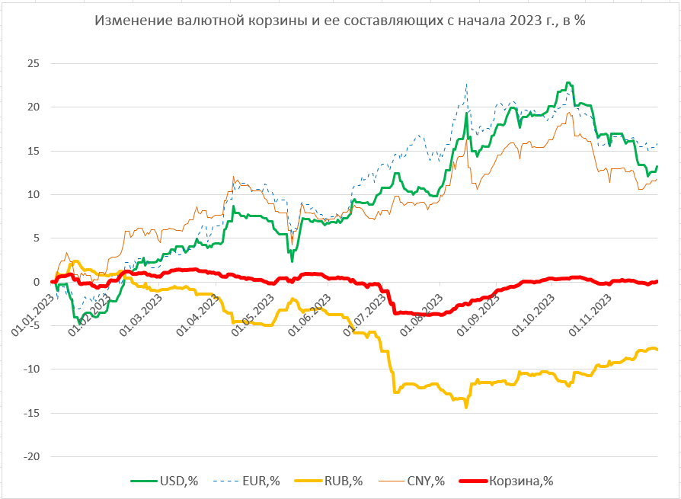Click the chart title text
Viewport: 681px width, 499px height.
coord(340,21)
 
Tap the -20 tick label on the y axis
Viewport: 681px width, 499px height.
coord(30,457)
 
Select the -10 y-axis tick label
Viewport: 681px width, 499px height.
coord(30,369)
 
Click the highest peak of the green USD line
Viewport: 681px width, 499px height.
coord(567,82)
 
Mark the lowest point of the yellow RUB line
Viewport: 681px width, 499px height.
coord(466,407)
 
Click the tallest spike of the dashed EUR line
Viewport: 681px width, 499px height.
coord(466,84)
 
